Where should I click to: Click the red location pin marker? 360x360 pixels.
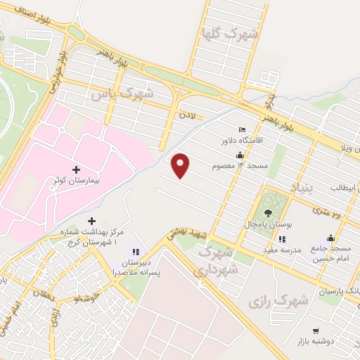181,165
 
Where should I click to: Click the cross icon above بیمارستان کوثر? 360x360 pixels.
77,169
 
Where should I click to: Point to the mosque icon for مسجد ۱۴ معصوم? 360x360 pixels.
240,155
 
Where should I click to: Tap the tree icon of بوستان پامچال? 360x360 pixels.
267,212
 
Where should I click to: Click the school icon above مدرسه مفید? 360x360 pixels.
277,238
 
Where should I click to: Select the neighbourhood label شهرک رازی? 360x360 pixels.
278,300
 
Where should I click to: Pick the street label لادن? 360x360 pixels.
186,112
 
